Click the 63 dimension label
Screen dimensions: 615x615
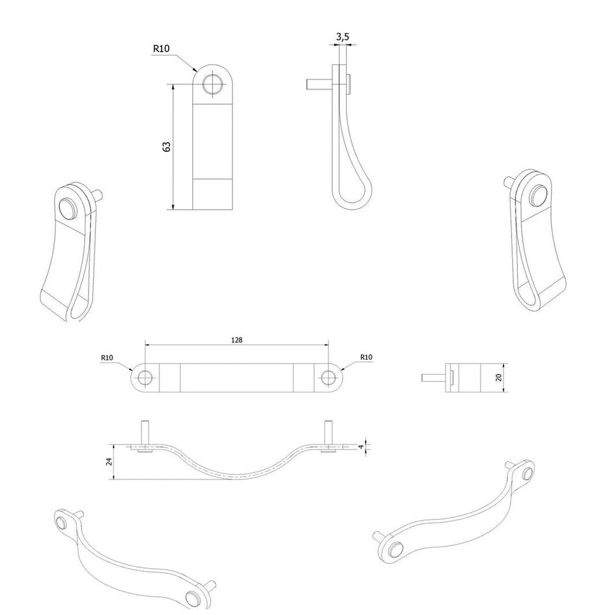point(167,147)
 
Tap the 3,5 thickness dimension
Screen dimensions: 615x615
point(343,37)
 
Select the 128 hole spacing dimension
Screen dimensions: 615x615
point(236,339)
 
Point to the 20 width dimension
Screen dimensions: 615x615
point(499,377)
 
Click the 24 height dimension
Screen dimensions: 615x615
point(109,461)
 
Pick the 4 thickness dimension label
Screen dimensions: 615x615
point(361,446)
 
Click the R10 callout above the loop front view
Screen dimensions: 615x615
point(161,48)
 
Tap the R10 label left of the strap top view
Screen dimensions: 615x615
point(107,357)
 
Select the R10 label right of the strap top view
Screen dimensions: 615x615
point(366,357)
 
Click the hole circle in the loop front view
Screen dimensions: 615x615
point(213,84)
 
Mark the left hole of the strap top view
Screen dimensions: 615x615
point(145,378)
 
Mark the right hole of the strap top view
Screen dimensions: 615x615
point(328,378)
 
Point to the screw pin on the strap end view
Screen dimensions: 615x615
point(433,378)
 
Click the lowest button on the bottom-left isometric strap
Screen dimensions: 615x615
point(193,598)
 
